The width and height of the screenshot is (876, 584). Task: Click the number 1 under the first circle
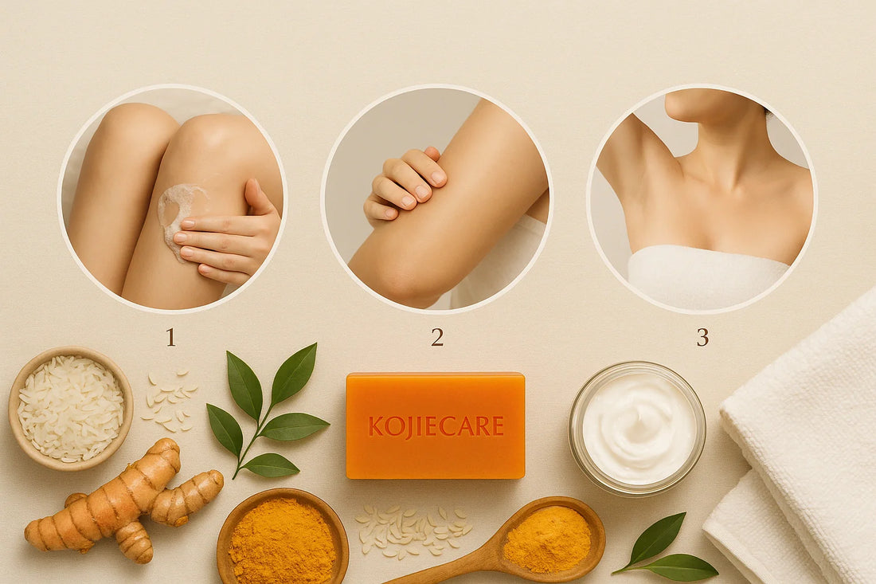click(x=170, y=337)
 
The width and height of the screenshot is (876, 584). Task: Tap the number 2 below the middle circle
click(x=437, y=337)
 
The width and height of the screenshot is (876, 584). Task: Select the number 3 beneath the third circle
click(x=702, y=337)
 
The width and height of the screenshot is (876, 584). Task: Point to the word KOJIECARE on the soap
click(x=436, y=426)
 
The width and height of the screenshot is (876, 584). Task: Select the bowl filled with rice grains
click(x=70, y=408)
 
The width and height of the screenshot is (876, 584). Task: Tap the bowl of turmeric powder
click(x=282, y=537)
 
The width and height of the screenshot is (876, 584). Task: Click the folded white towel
click(x=796, y=446)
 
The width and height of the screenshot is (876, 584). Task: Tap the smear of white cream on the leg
click(x=177, y=210)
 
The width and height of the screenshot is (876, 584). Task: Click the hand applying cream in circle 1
click(x=231, y=239)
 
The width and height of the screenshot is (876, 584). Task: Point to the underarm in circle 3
click(x=637, y=171)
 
